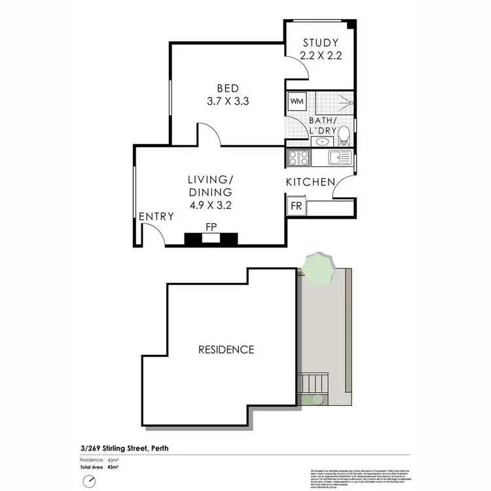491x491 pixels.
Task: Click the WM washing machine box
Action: [x=296, y=102]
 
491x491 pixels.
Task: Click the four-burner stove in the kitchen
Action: [x=299, y=157]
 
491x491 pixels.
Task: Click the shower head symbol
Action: [x=350, y=103]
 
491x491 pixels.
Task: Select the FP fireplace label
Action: [x=211, y=227]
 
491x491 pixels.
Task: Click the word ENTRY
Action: [x=156, y=217]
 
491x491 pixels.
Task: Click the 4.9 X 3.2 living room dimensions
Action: [x=210, y=204]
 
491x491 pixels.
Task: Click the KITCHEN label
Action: [x=311, y=182]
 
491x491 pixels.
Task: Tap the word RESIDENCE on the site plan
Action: [x=226, y=350]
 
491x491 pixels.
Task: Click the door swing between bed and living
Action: [x=209, y=134]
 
